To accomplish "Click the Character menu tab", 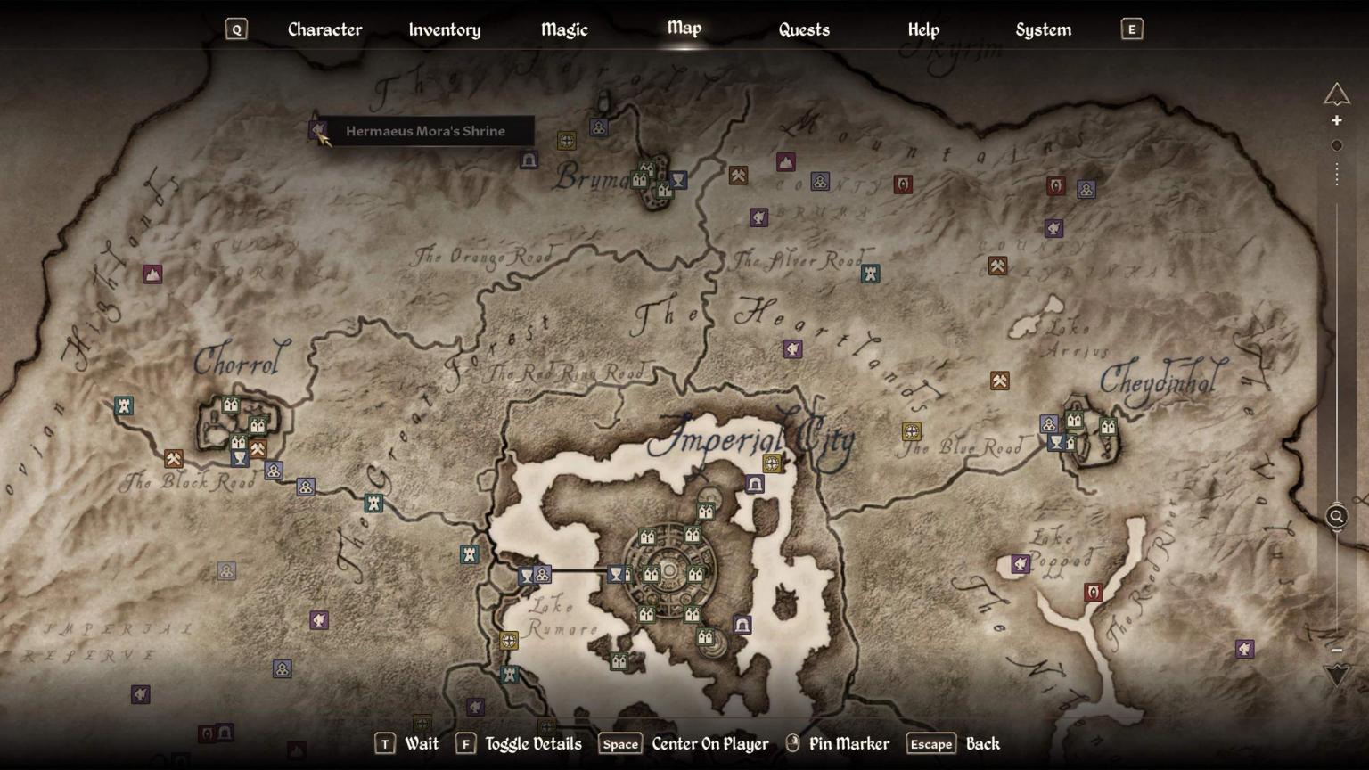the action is click(x=324, y=29).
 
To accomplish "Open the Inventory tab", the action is click(x=444, y=29).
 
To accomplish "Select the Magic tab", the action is click(x=564, y=29).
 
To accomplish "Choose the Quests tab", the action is click(x=804, y=29).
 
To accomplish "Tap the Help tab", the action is click(x=923, y=29).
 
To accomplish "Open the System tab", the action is click(x=1043, y=29).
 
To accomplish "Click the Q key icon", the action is click(x=236, y=29).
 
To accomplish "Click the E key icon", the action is click(x=1132, y=29).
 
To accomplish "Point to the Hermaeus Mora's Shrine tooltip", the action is click(x=425, y=131).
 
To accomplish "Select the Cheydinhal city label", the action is click(x=1161, y=381).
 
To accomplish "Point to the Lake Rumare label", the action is click(x=562, y=617).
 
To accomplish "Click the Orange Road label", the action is click(x=482, y=257).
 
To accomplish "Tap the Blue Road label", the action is click(x=963, y=446).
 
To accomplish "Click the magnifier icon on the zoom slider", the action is click(x=1336, y=516).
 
